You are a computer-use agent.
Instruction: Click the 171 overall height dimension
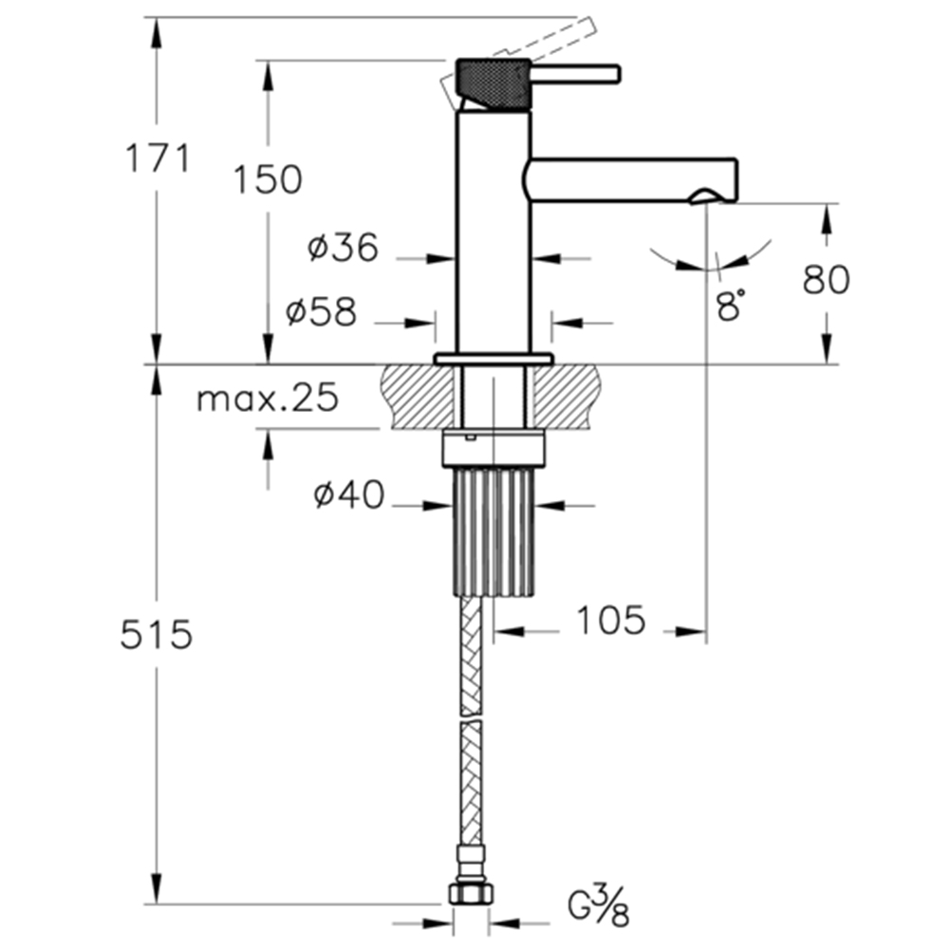pos(158,158)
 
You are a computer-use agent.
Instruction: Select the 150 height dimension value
pos(268,179)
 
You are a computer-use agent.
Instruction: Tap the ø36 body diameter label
pos(343,247)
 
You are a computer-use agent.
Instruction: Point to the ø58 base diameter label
pos(321,312)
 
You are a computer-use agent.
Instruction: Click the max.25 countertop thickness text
pos(268,399)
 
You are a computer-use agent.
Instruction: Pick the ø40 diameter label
pos(348,494)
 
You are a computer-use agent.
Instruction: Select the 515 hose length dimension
pos(157,635)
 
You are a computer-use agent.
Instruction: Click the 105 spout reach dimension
pos(610,621)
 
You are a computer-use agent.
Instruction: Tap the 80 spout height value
pos(827,280)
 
